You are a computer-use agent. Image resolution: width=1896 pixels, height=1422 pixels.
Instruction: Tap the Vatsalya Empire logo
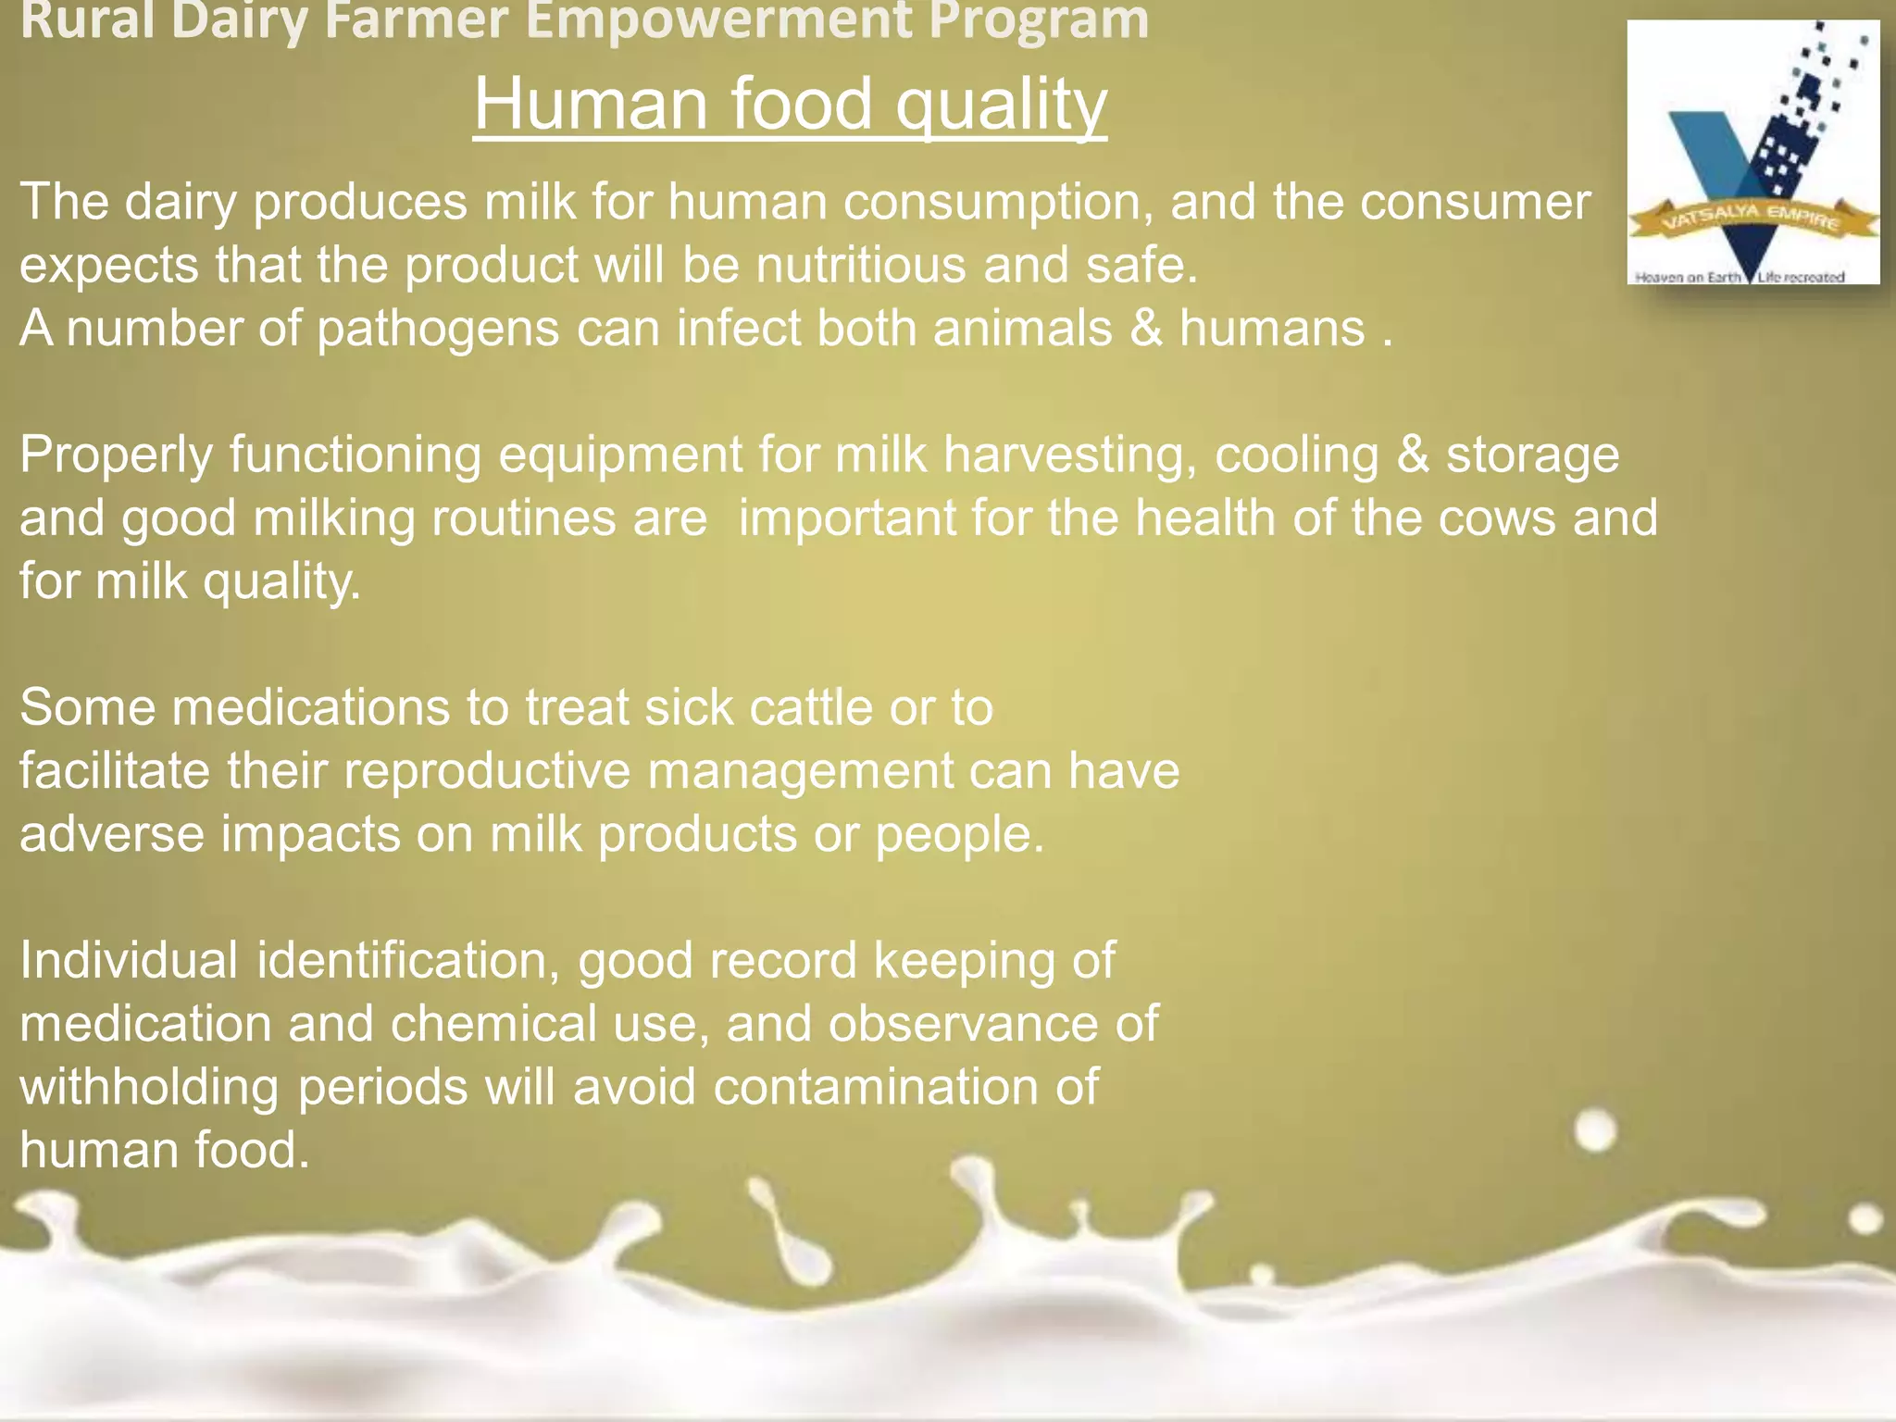1753,153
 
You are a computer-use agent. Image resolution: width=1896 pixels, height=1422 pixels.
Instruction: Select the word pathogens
438,329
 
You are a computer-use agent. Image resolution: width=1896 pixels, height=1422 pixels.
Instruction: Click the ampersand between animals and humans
1145,329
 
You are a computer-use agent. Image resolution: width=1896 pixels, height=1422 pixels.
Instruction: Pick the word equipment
620,455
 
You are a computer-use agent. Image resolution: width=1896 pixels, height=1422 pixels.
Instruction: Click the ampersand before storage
1413,455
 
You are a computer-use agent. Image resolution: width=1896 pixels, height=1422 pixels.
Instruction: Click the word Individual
129,961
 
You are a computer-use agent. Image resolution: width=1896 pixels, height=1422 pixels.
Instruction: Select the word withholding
149,1087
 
